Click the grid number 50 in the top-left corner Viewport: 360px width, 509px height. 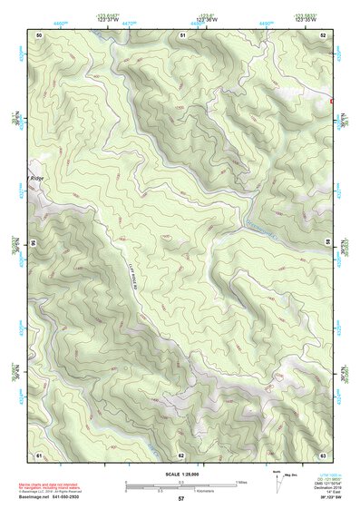click(x=39, y=34)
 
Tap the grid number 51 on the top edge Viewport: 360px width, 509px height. click(x=182, y=34)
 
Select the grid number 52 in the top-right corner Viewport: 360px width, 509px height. click(x=323, y=34)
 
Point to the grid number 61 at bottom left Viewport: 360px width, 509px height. click(x=39, y=455)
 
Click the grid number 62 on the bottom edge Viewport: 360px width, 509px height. click(x=181, y=455)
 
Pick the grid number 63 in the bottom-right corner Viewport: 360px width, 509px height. click(x=323, y=455)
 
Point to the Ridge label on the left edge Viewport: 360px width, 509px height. click(x=36, y=178)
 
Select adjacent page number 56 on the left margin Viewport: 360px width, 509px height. click(x=33, y=244)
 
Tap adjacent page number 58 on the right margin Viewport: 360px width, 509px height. click(x=329, y=244)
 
